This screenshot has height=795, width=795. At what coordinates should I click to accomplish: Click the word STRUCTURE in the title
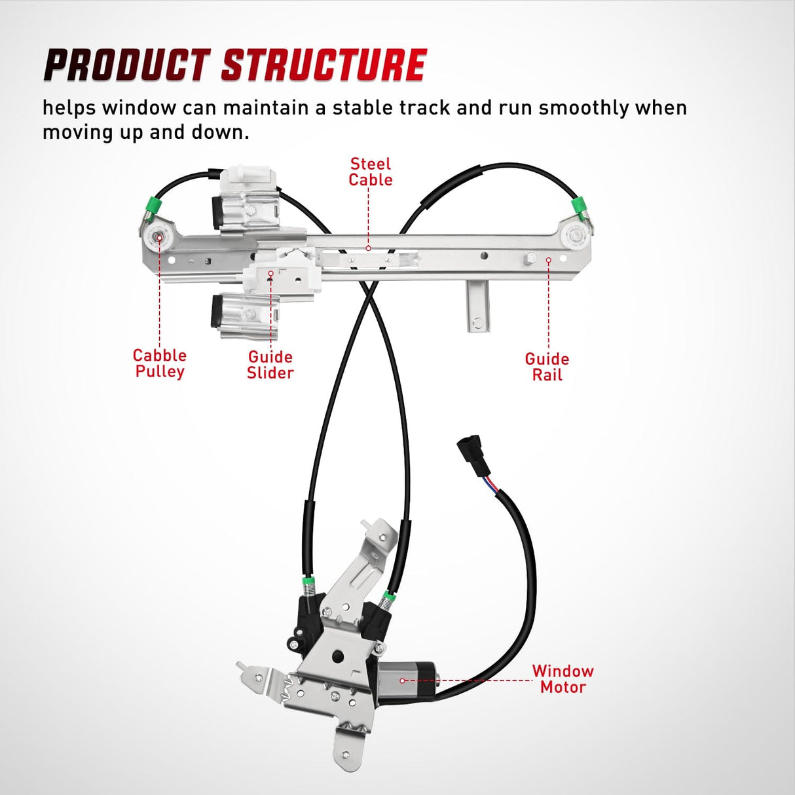click(x=324, y=65)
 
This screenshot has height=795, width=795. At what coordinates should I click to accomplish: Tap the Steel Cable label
click(x=370, y=172)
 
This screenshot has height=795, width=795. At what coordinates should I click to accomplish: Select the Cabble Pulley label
click(x=159, y=363)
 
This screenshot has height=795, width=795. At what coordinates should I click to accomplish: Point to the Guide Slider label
click(x=270, y=365)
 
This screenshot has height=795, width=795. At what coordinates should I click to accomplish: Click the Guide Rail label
click(x=547, y=367)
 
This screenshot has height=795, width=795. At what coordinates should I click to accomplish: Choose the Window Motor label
click(x=563, y=679)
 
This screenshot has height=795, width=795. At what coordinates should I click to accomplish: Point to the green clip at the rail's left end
click(x=155, y=206)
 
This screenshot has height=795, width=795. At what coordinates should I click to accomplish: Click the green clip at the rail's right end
click(x=579, y=206)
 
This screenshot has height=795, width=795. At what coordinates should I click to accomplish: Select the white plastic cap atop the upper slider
click(x=247, y=176)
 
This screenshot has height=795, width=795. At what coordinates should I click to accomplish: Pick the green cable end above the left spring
click(x=306, y=582)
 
